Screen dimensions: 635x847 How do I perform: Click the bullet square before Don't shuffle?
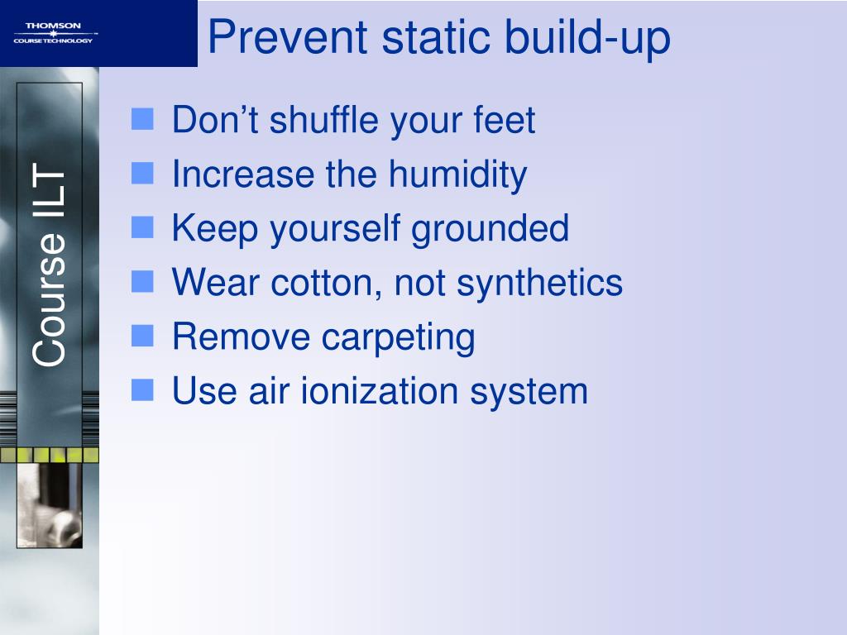coord(142,122)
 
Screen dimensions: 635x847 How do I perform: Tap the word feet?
coord(505,121)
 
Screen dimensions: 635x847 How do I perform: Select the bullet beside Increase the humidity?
coord(142,175)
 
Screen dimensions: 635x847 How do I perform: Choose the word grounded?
coord(490,229)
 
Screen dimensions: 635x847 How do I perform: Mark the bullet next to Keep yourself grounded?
coord(142,229)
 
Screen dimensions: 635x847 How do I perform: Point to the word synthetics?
coord(539,284)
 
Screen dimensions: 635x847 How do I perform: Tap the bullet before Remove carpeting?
coord(142,337)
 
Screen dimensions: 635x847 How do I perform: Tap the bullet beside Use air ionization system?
coord(142,391)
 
